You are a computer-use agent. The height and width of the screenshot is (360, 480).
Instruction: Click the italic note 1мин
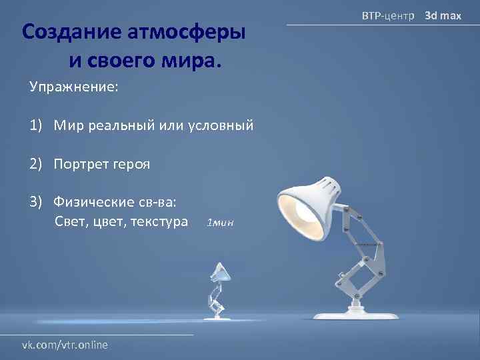pyautogui.click(x=220, y=223)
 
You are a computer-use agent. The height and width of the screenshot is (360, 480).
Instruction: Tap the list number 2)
pyautogui.click(x=36, y=164)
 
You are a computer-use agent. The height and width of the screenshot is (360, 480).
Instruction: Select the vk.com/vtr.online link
pyautogui.click(x=65, y=345)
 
